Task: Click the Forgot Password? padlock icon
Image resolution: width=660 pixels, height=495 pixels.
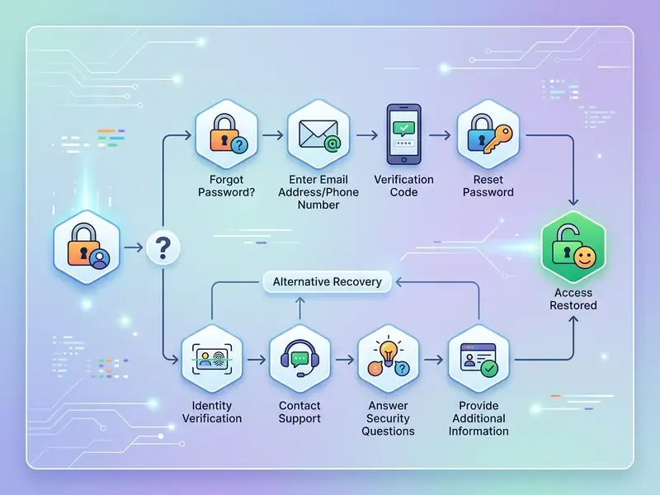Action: coord(226,134)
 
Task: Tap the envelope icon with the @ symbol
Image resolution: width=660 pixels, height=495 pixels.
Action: coord(318,134)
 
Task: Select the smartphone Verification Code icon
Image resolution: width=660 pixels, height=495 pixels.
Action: coord(403,134)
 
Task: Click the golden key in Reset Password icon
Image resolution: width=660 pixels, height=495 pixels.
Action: coord(499,139)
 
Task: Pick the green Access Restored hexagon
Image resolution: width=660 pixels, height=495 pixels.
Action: coord(573,247)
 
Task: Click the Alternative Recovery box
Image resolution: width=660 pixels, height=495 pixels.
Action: coord(327,281)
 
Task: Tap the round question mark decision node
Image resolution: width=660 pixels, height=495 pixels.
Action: coord(163,247)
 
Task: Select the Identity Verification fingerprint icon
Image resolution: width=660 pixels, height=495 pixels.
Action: coord(212,359)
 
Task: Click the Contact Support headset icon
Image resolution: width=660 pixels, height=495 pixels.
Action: coord(299,359)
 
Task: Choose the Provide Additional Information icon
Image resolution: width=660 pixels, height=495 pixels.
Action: coord(478,359)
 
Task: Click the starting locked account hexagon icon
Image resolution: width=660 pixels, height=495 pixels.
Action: coord(87,247)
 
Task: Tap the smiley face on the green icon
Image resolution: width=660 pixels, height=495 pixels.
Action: coord(585,257)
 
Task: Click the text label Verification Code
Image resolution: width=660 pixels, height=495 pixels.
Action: coord(403,186)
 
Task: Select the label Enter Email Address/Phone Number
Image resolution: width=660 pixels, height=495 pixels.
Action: coord(318,192)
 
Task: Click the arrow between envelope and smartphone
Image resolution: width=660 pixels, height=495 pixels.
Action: coord(367,135)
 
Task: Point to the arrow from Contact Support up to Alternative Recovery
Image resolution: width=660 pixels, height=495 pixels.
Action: coord(299,308)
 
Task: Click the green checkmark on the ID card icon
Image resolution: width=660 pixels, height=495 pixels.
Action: coord(489,369)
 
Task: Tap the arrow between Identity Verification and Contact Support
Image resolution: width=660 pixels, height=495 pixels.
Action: coord(257,360)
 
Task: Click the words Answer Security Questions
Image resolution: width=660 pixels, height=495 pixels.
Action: coord(388,418)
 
